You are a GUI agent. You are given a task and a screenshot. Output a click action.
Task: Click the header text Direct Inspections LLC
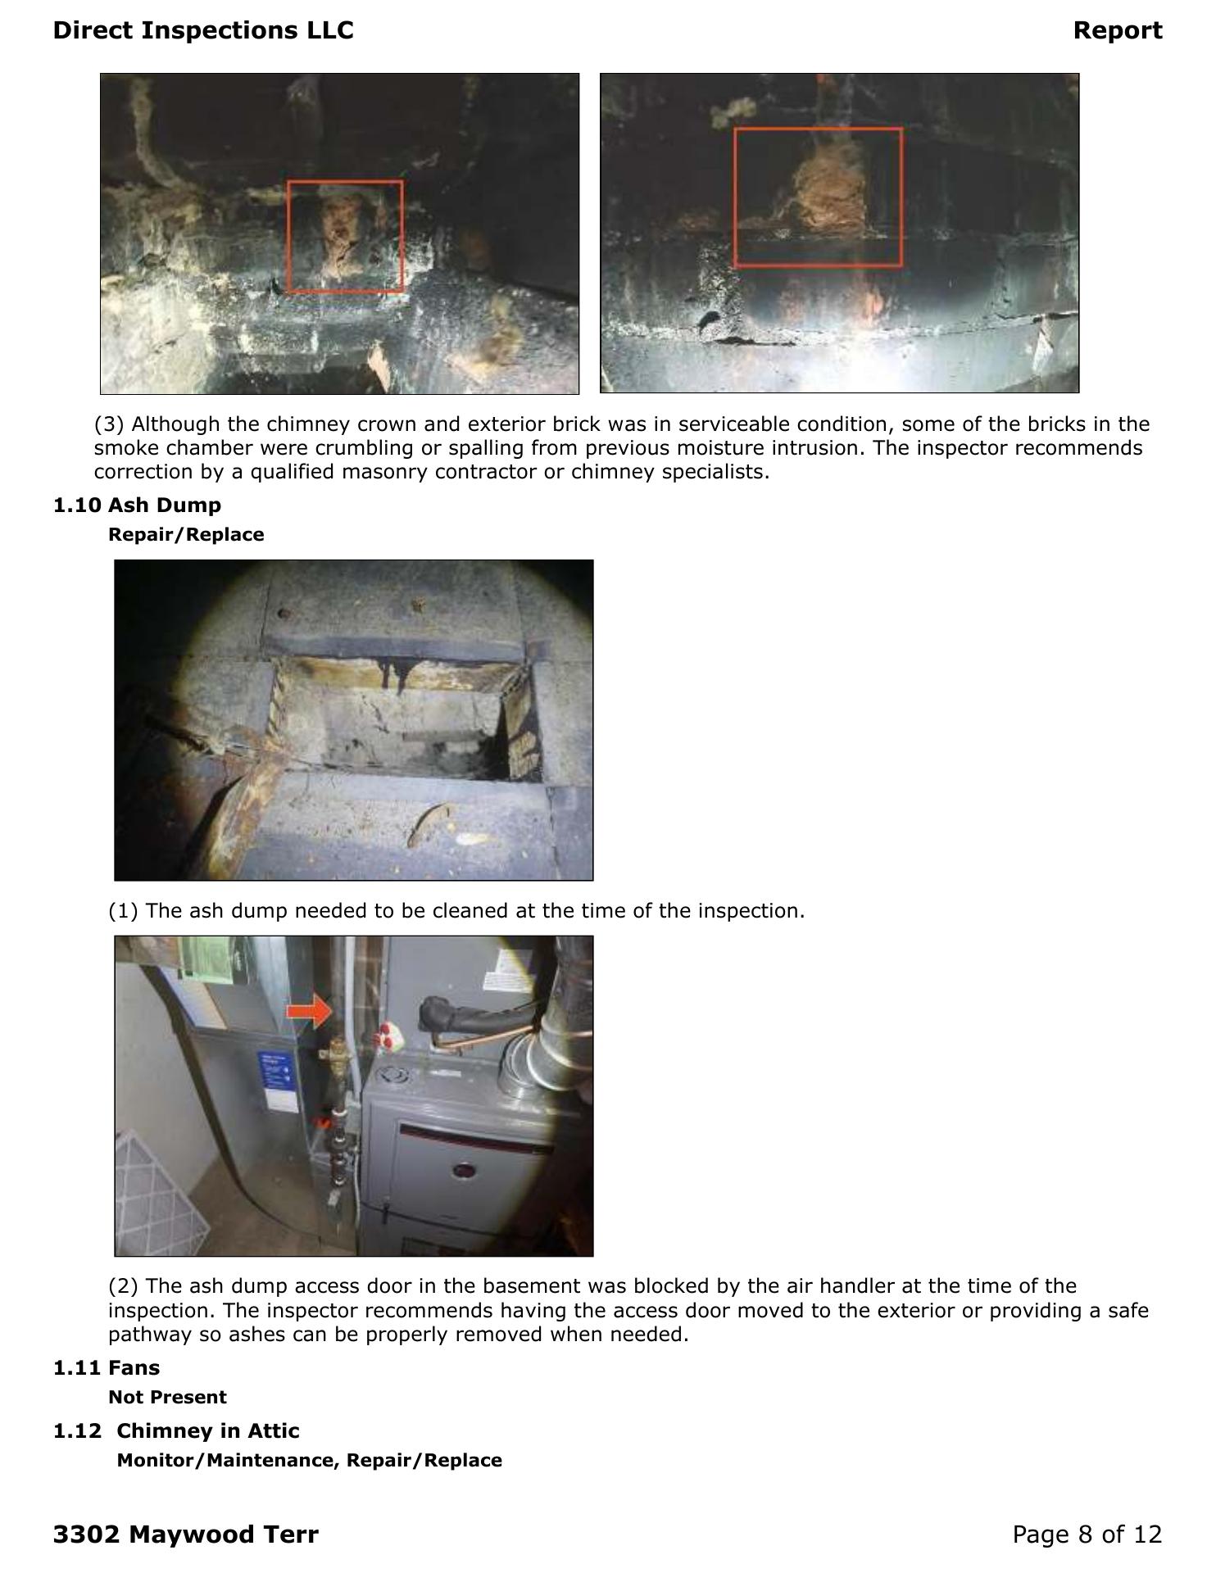click(x=203, y=30)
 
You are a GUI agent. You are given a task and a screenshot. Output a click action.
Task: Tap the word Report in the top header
click(x=1118, y=30)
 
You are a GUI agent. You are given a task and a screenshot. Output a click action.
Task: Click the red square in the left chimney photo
click(x=288, y=236)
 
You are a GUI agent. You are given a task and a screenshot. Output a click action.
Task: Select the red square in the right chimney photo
click(x=736, y=197)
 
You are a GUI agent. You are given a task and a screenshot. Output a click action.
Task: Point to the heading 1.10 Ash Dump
click(x=137, y=505)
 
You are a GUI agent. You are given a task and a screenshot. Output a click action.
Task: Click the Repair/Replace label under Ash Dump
click(x=186, y=534)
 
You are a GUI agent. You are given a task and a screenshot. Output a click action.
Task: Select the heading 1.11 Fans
click(x=107, y=1367)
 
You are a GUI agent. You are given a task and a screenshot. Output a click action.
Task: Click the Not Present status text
click(x=167, y=1397)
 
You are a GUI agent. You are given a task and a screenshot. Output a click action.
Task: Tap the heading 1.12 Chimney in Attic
click(x=176, y=1430)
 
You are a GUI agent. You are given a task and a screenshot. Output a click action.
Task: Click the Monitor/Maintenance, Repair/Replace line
click(x=310, y=1460)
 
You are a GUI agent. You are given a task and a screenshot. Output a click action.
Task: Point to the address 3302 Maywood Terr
click(x=186, y=1534)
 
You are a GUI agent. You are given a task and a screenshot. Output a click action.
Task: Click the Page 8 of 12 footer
click(x=1087, y=1534)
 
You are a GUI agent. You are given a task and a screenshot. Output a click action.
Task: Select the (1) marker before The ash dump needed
click(x=124, y=911)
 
